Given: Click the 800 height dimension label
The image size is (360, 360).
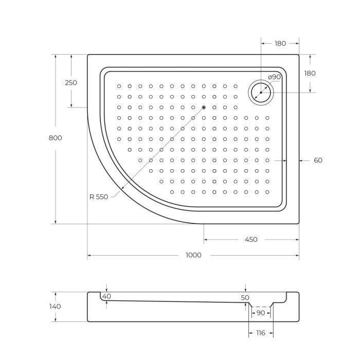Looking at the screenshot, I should (x=56, y=138).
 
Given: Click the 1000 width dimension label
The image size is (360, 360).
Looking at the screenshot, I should (x=194, y=255).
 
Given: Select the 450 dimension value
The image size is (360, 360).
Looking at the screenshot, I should (x=251, y=240).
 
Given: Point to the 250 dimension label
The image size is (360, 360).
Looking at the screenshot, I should (x=71, y=83).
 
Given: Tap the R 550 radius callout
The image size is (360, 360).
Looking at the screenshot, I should (x=98, y=197).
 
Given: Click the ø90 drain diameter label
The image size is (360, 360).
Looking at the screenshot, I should (x=275, y=77).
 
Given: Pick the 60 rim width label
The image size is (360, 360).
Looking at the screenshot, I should (x=318, y=160).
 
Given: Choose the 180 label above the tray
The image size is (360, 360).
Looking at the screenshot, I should (x=280, y=44).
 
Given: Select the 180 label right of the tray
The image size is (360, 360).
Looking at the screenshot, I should (x=310, y=74).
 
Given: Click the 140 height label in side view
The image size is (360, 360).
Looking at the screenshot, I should (x=55, y=307).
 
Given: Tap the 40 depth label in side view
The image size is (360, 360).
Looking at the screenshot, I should (x=106, y=297).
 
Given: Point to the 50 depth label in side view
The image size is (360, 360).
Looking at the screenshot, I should (x=245, y=298).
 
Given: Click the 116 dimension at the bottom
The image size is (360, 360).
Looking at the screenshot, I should (x=260, y=333).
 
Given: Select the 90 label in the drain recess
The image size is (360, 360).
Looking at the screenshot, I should (x=260, y=313).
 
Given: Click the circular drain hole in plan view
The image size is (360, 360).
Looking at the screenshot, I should (x=261, y=93).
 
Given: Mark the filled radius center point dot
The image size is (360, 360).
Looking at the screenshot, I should (x=204, y=107).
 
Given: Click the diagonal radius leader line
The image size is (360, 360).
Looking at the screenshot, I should (x=154, y=155).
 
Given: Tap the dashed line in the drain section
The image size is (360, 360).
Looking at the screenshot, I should (x=261, y=307).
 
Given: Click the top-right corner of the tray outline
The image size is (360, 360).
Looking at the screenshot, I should (x=299, y=55).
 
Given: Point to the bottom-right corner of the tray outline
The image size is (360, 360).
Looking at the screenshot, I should (x=299, y=224).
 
